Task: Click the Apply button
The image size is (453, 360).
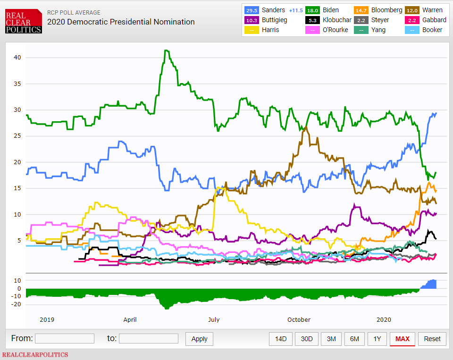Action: tap(199, 339)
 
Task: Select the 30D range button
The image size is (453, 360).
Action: tap(307, 339)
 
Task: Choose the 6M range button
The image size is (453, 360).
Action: tap(354, 339)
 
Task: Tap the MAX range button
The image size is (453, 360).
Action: tap(402, 339)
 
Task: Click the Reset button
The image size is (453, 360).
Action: tap(432, 339)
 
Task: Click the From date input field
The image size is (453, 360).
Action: tap(65, 338)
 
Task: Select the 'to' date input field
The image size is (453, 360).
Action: tap(149, 338)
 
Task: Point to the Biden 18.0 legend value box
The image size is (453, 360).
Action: tap(312, 10)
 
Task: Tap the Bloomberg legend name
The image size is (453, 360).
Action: tap(387, 10)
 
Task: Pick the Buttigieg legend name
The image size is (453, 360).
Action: tap(274, 20)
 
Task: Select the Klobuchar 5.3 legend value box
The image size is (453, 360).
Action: tap(312, 20)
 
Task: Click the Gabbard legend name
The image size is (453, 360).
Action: tap(434, 20)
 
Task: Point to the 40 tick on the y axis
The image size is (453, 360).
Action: tap(17, 58)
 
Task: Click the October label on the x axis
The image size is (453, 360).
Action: tap(299, 319)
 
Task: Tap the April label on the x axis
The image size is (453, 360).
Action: tap(130, 319)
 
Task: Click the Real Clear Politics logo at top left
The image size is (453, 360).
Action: tap(23, 22)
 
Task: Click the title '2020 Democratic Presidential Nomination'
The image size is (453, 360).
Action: tap(121, 22)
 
